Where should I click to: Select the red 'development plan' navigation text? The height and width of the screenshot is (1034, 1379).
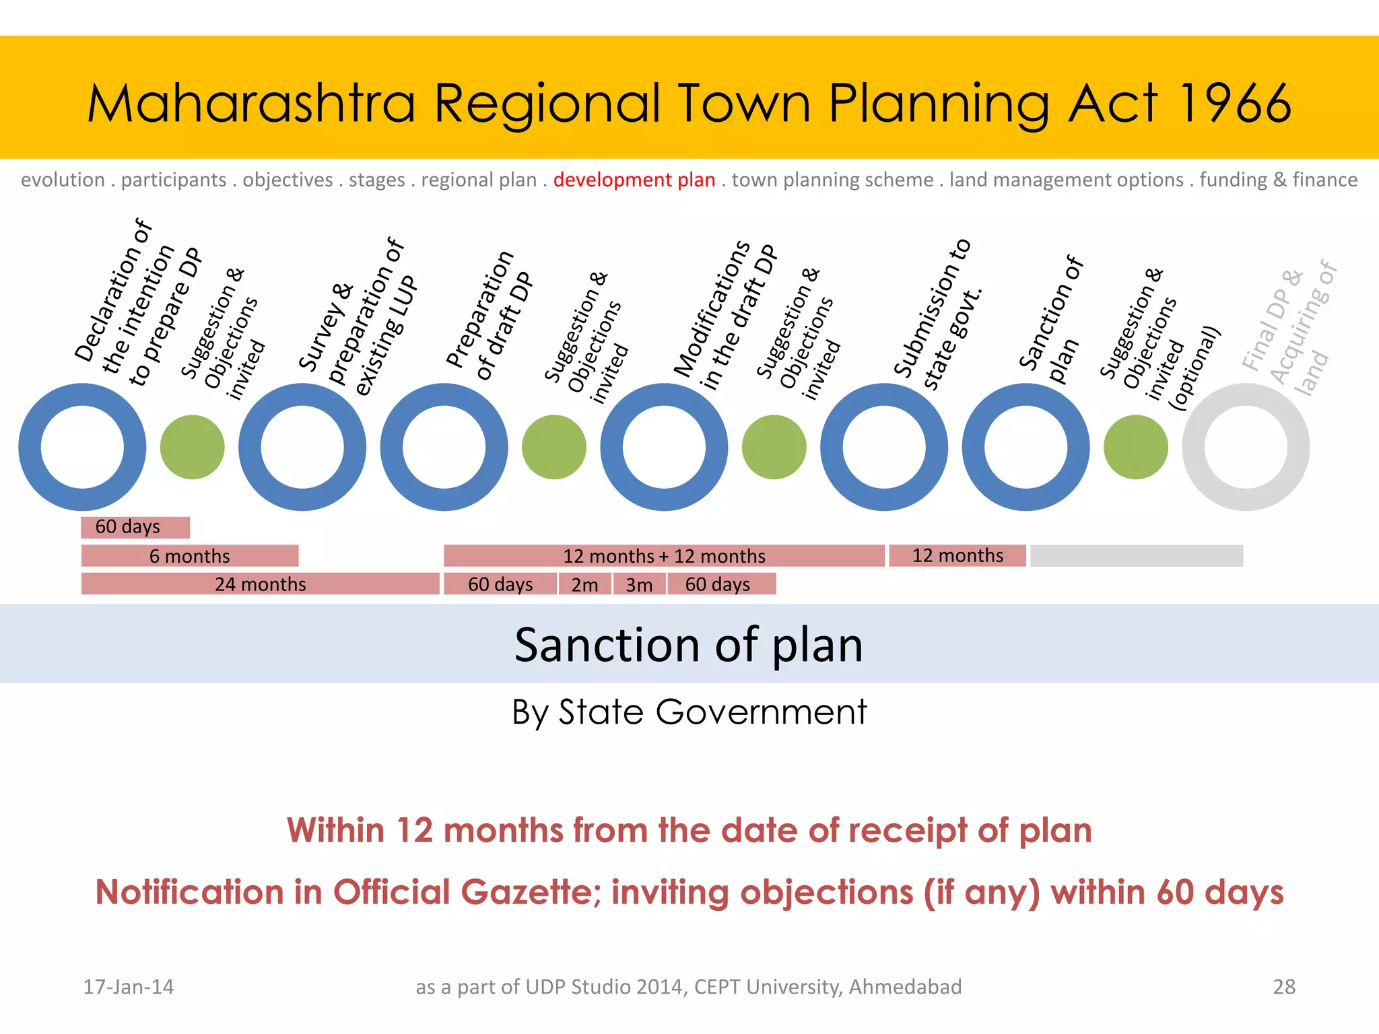point(634,180)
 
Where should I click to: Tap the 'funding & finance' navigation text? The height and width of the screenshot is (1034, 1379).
point(1278,180)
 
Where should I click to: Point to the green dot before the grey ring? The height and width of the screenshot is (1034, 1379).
point(1135,447)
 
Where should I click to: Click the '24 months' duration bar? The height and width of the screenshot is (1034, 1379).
point(260,584)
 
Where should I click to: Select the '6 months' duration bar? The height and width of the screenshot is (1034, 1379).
point(189,556)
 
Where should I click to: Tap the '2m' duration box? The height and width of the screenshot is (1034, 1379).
point(584,584)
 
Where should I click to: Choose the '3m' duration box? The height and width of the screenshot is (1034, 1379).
point(639,584)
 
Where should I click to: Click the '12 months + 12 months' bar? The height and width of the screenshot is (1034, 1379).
point(664,556)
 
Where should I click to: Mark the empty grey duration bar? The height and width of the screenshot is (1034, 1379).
point(1136,556)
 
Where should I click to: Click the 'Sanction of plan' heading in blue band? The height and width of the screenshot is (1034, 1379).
point(688,645)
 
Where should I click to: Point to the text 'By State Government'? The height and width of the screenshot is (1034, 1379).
point(689,712)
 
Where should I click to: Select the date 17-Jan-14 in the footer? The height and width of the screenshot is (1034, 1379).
point(128,987)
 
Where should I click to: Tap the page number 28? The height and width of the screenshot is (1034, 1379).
point(1283,987)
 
